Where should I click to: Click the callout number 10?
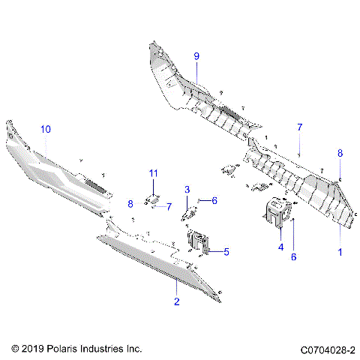(x=46, y=130)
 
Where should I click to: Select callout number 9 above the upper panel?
(x=196, y=56)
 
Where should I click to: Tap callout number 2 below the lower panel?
(x=176, y=302)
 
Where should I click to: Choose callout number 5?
(x=227, y=252)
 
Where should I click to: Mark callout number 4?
(x=280, y=246)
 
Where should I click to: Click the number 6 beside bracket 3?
(x=214, y=200)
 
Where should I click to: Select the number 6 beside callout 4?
(x=294, y=256)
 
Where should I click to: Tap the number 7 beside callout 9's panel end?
(x=299, y=127)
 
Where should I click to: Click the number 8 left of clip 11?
(x=130, y=203)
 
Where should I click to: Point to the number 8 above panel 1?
(x=339, y=153)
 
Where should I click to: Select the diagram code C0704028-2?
(x=328, y=349)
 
